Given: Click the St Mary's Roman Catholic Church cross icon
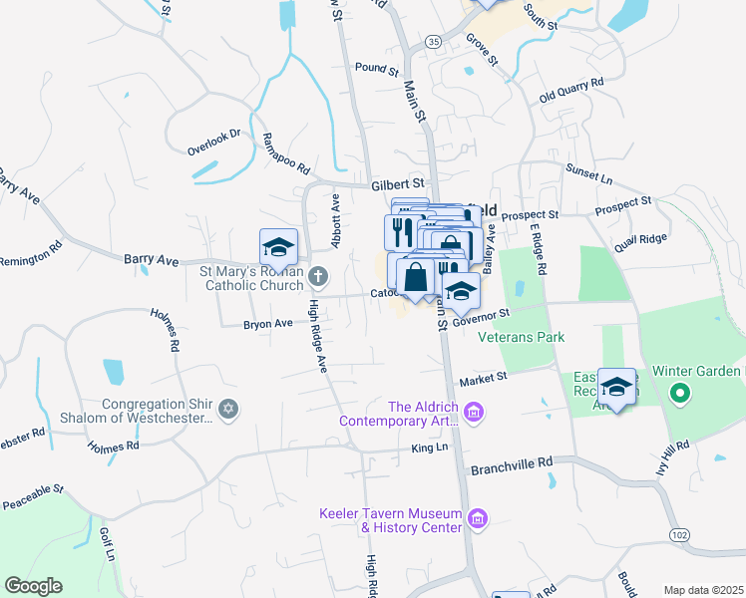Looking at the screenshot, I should click(x=318, y=275).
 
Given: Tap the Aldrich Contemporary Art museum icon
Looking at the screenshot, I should click(x=474, y=411).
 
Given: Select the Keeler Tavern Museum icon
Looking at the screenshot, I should click(x=478, y=517).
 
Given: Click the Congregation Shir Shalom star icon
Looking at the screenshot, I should click(x=228, y=409).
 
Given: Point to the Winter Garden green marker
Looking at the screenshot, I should click(x=681, y=394).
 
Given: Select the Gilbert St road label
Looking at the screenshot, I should click(x=398, y=184).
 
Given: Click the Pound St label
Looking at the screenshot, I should click(x=376, y=70).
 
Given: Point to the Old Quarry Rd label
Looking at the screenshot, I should click(x=571, y=91).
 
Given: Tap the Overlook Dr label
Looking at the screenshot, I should click(x=214, y=142).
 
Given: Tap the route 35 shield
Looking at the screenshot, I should click(x=432, y=42).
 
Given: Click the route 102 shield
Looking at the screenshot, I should click(x=679, y=535).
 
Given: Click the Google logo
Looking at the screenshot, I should click(x=33, y=585).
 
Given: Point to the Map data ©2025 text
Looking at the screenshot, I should click(x=703, y=590).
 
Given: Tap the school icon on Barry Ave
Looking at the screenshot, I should click(x=278, y=247).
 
